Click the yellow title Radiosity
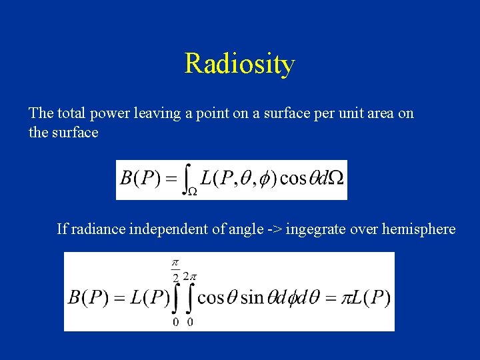[x=239, y=64]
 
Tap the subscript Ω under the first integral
[x=191, y=192]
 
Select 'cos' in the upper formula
[x=292, y=179]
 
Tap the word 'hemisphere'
[x=419, y=229]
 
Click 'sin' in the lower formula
[x=252, y=297]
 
